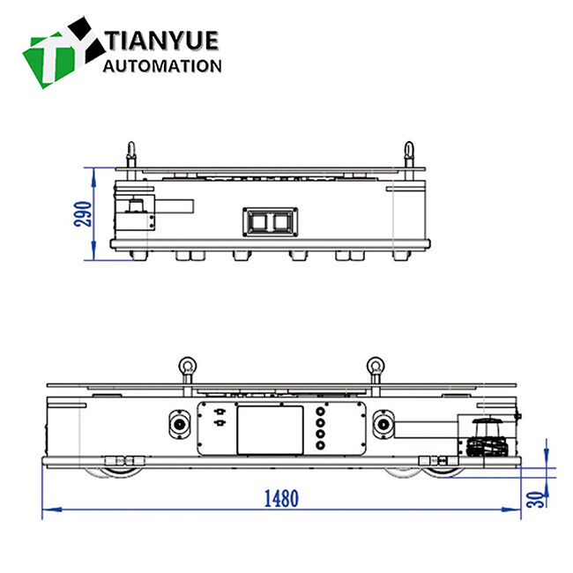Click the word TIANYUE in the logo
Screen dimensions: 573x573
162,41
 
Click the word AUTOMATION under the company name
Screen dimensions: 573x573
162,66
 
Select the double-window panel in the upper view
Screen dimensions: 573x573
270,220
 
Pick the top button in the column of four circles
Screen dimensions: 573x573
319,410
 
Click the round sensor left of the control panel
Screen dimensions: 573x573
182,424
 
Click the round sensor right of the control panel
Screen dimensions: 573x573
383,424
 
